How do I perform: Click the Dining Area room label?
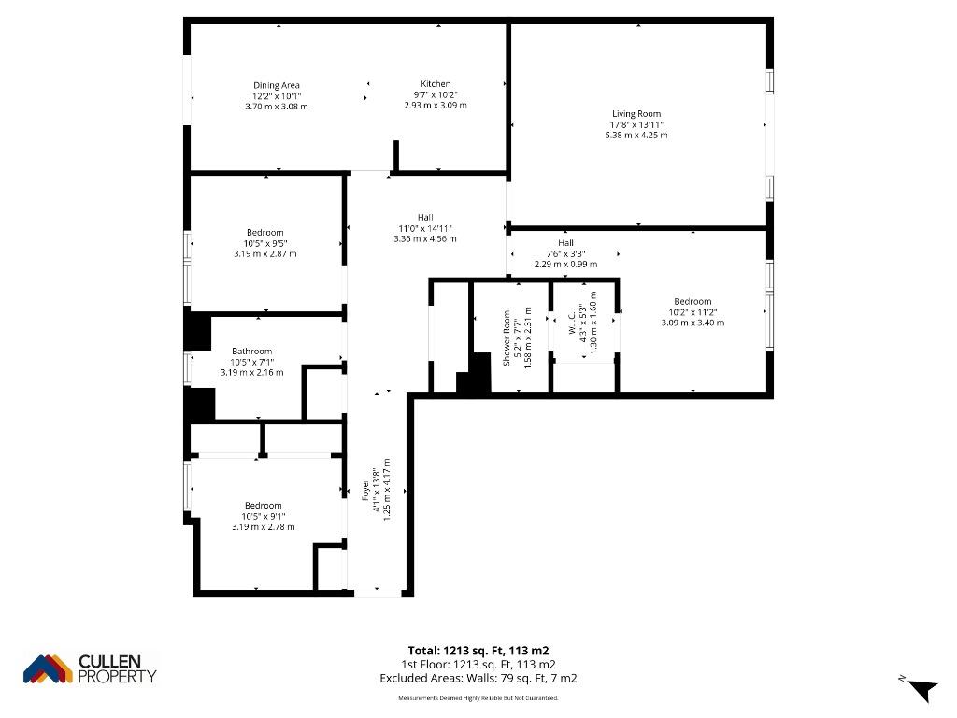pyautogui.click(x=277, y=85)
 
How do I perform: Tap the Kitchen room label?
pyautogui.click(x=436, y=83)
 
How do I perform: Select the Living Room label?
pyautogui.click(x=636, y=113)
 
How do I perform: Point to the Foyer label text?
pyautogui.click(x=365, y=490)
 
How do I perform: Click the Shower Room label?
pyautogui.click(x=507, y=338)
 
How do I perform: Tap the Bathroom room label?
pyautogui.click(x=252, y=352)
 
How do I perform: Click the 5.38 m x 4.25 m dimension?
pyautogui.click(x=636, y=135)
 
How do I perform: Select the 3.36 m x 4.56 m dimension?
pyautogui.click(x=425, y=238)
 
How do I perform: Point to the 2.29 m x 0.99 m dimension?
pyautogui.click(x=565, y=265)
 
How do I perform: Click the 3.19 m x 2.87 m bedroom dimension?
pyautogui.click(x=265, y=253)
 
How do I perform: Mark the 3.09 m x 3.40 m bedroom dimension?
pyautogui.click(x=693, y=323)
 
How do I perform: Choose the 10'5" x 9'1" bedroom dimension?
pyautogui.click(x=263, y=516)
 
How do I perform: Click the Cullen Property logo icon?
pyautogui.click(x=48, y=669)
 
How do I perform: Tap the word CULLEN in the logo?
pyautogui.click(x=110, y=661)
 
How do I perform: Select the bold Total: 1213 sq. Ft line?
pyautogui.click(x=478, y=651)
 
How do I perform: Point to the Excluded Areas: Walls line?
pyautogui.click(x=478, y=679)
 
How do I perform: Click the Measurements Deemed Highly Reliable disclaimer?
pyautogui.click(x=478, y=697)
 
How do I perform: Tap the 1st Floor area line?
pyautogui.click(x=478, y=665)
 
